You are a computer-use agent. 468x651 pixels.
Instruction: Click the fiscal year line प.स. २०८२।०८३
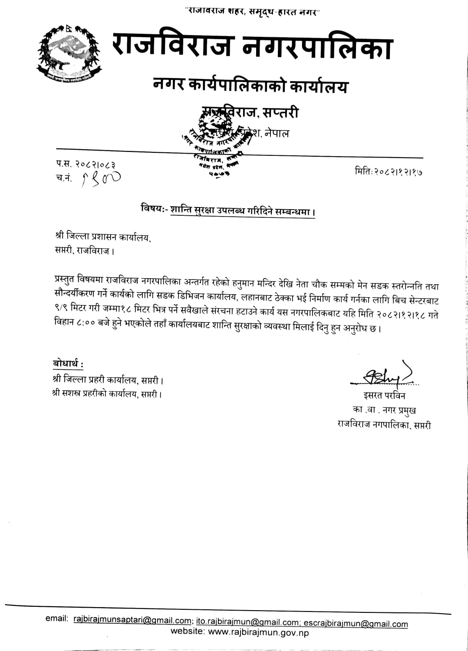[86, 164]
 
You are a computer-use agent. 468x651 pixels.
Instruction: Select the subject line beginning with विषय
[227, 211]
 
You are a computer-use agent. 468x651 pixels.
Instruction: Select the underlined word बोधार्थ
[68, 363]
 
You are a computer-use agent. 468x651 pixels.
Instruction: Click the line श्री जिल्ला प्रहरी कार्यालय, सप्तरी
[108, 381]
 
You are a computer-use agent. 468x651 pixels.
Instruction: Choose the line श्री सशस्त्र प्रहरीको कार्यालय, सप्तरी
[108, 395]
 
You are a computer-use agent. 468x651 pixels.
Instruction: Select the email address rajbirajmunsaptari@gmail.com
[132, 620]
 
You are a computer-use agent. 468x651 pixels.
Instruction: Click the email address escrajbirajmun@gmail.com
[356, 624]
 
